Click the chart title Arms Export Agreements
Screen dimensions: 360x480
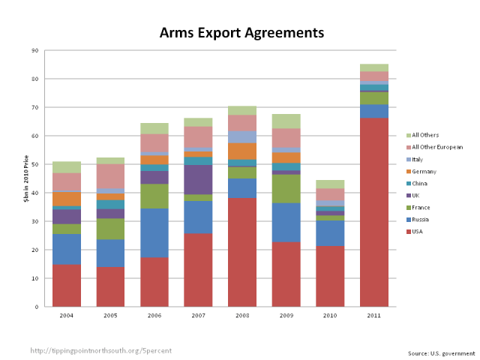[x=241, y=33]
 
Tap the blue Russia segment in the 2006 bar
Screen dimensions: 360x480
[x=154, y=232]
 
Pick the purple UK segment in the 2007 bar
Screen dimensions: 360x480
[x=199, y=179]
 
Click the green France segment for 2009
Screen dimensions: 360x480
[x=286, y=188]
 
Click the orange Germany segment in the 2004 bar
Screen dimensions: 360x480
[x=67, y=199]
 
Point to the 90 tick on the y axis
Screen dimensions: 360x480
[x=36, y=50]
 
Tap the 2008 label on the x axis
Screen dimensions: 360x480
[x=242, y=314]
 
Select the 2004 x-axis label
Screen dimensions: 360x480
[x=67, y=314]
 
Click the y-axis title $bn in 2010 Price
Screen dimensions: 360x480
[x=25, y=178]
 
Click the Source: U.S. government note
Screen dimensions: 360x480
[x=442, y=353]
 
